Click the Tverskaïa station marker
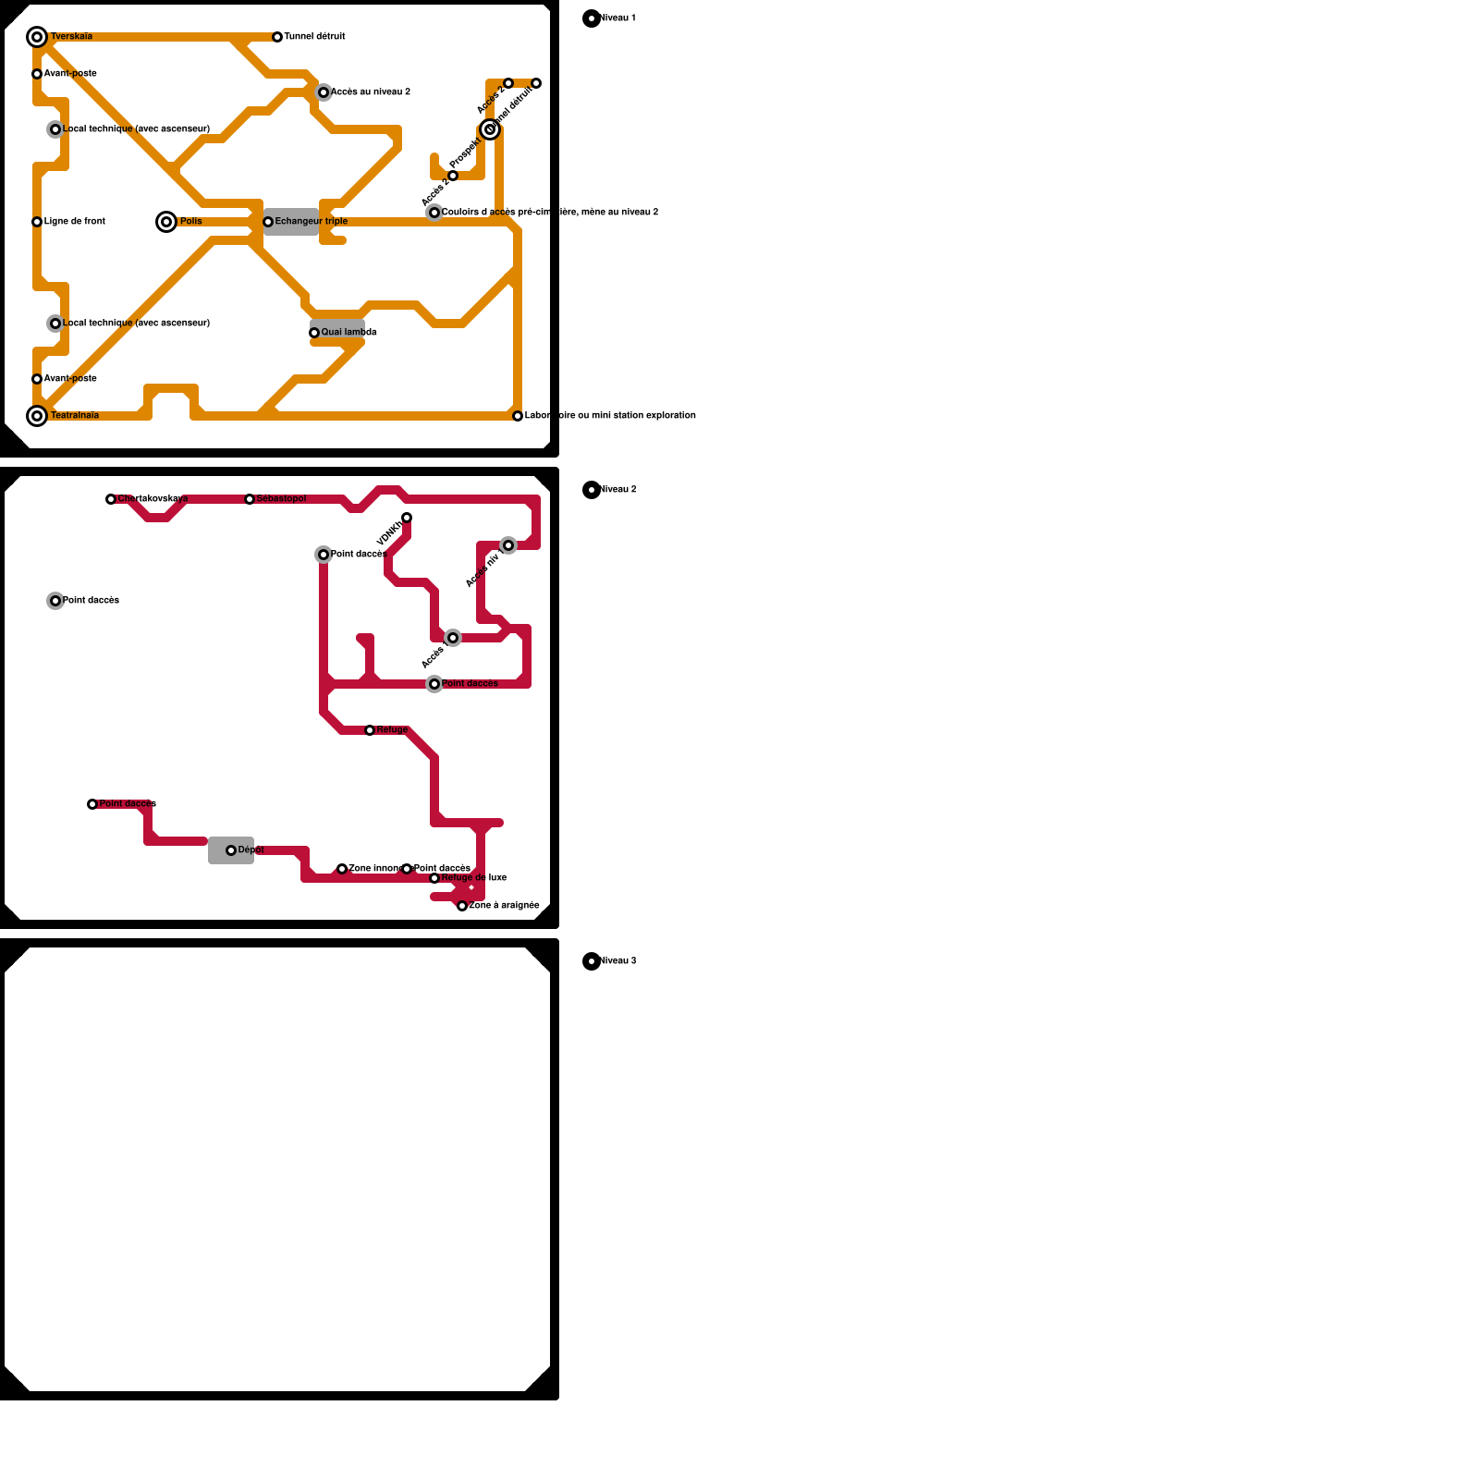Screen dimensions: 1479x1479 point(37,37)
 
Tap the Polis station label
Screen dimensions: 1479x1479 point(190,222)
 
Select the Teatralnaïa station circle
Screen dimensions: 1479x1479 point(37,416)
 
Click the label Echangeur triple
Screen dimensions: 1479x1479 point(312,222)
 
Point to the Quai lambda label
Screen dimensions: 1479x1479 point(348,333)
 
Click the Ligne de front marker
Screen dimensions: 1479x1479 point(37,222)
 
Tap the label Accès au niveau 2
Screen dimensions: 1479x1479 point(371,92)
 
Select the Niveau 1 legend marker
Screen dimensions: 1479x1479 point(592,18)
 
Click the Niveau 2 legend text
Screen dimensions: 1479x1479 point(618,490)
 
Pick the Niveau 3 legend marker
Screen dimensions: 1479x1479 point(592,961)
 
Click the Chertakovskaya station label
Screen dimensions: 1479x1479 point(153,499)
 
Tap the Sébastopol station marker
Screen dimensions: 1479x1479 point(250,499)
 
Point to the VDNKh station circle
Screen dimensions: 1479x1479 point(407,518)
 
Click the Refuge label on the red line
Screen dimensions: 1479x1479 point(392,730)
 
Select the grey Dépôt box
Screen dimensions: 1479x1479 point(231,850)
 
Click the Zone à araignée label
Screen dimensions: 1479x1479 point(504,906)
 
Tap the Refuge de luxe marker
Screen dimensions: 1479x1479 point(434,878)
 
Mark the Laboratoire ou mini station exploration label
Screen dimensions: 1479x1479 point(610,416)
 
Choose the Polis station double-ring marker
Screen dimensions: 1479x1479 point(166,222)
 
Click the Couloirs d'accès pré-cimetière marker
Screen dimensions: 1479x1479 point(434,213)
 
